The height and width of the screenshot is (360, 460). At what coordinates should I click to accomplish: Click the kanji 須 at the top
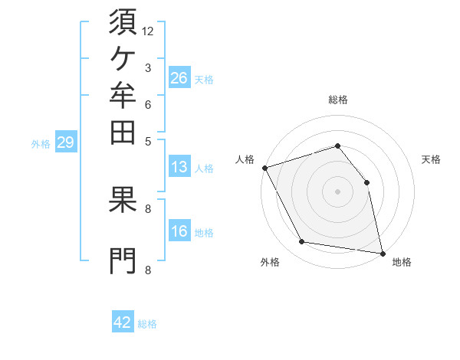point(123,21)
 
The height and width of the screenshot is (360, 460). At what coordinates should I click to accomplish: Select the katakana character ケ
point(123,59)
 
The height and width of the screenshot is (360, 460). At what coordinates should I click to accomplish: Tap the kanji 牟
point(123,95)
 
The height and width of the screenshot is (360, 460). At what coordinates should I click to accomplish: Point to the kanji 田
point(123,133)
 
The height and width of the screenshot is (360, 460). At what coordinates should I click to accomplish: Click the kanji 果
point(123,199)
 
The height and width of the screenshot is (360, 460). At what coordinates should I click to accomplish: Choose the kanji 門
point(123,261)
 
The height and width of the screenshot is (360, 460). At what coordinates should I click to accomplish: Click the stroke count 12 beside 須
point(147,31)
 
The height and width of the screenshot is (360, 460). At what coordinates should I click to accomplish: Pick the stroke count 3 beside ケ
point(148,68)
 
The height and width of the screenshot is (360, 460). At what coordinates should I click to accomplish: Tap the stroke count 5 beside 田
point(148,142)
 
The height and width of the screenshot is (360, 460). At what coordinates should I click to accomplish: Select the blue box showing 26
point(179,77)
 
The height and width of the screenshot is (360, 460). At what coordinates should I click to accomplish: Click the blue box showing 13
point(179,166)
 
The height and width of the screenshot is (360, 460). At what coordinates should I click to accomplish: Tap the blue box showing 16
point(179,230)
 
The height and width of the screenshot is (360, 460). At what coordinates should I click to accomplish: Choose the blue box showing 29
point(66,141)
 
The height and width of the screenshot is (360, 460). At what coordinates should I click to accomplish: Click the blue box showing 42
point(123,321)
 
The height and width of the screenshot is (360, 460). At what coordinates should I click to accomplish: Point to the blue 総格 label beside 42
point(147,324)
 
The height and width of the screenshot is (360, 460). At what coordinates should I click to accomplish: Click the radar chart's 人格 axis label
point(245,159)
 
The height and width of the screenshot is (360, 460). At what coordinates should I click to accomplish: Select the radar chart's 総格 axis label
point(338,100)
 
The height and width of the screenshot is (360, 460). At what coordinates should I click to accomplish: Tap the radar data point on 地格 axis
point(383,254)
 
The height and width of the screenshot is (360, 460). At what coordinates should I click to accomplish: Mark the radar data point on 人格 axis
point(265,168)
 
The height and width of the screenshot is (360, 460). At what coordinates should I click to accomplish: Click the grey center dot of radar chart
point(337,191)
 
